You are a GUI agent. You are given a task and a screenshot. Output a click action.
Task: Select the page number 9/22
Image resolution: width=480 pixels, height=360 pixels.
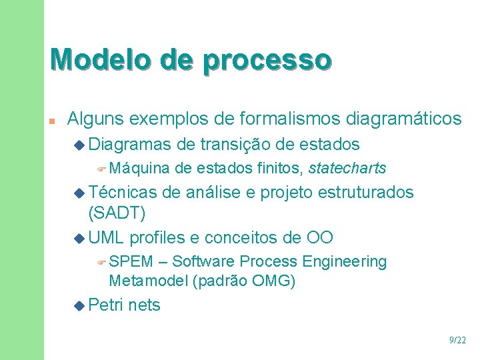tap(458, 340)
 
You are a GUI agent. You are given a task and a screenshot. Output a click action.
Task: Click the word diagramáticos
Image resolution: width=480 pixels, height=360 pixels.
tap(404, 119)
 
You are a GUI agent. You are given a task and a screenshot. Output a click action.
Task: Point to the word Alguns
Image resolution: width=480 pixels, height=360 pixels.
tap(95, 119)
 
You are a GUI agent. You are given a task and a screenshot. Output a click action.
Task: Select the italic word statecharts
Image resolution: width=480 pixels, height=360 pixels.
tap(348, 167)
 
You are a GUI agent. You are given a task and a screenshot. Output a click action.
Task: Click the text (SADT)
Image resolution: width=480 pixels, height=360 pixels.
tap(117, 213)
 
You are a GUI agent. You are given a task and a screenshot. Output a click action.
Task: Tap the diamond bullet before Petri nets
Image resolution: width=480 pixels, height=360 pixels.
tap(80, 306)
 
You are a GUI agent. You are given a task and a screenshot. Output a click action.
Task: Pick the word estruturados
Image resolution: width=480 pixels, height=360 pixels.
tap(366, 193)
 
